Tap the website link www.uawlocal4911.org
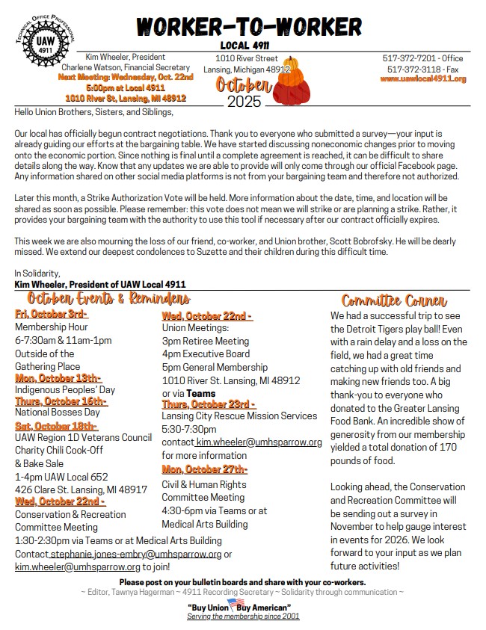click(x=423, y=79)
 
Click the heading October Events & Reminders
click(x=103, y=299)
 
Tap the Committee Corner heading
click(x=394, y=300)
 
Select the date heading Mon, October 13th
click(x=58, y=378)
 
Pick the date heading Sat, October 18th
click(x=52, y=426)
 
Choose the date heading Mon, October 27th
click(x=205, y=469)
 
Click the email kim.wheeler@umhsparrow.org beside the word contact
click(x=259, y=442)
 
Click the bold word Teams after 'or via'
click(x=201, y=393)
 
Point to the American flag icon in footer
click(x=237, y=603)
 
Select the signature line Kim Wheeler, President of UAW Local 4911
click(x=100, y=284)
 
